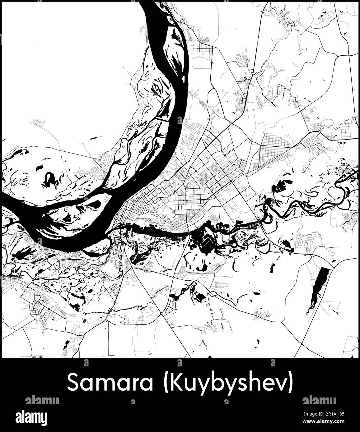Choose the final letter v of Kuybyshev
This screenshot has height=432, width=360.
pyautogui.click(x=280, y=384)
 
